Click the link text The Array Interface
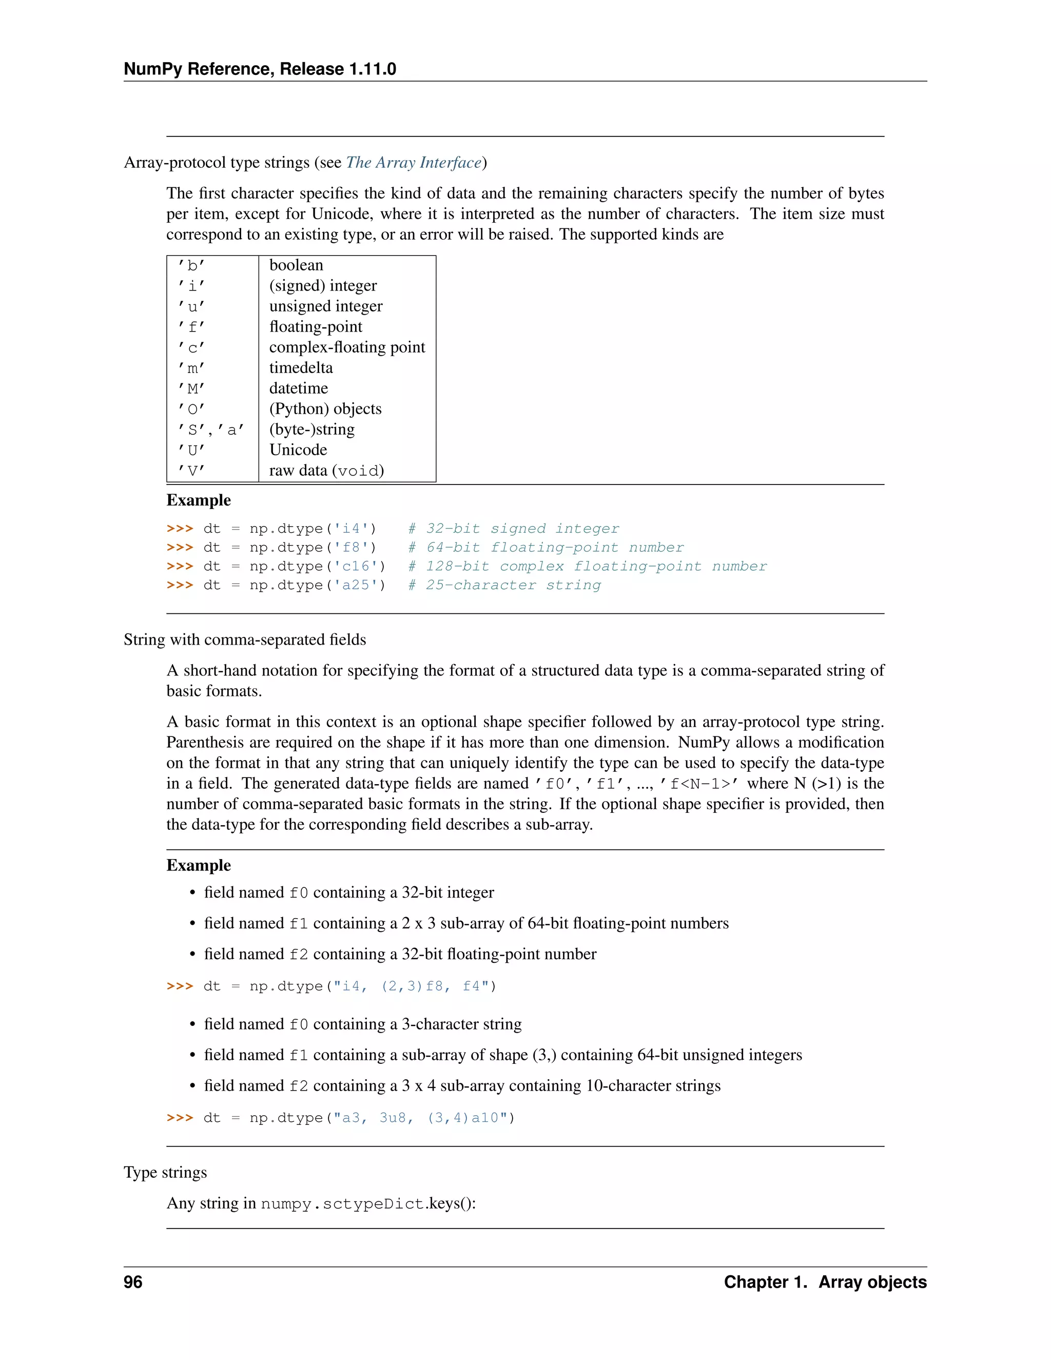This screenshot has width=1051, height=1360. (414, 163)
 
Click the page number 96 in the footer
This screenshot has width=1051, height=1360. (133, 1282)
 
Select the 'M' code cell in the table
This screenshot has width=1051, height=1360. (192, 388)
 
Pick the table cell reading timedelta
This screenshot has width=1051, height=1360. (301, 368)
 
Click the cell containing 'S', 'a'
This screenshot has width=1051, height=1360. (210, 430)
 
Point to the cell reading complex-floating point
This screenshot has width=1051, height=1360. (347, 347)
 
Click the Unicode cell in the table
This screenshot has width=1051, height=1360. (298, 450)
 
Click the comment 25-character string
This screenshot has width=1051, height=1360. (513, 586)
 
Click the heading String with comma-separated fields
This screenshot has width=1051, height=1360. (245, 639)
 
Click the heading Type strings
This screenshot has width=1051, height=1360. (165, 1173)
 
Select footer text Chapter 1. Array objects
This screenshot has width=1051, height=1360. (825, 1282)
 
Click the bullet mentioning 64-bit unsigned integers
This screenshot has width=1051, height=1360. (502, 1055)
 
